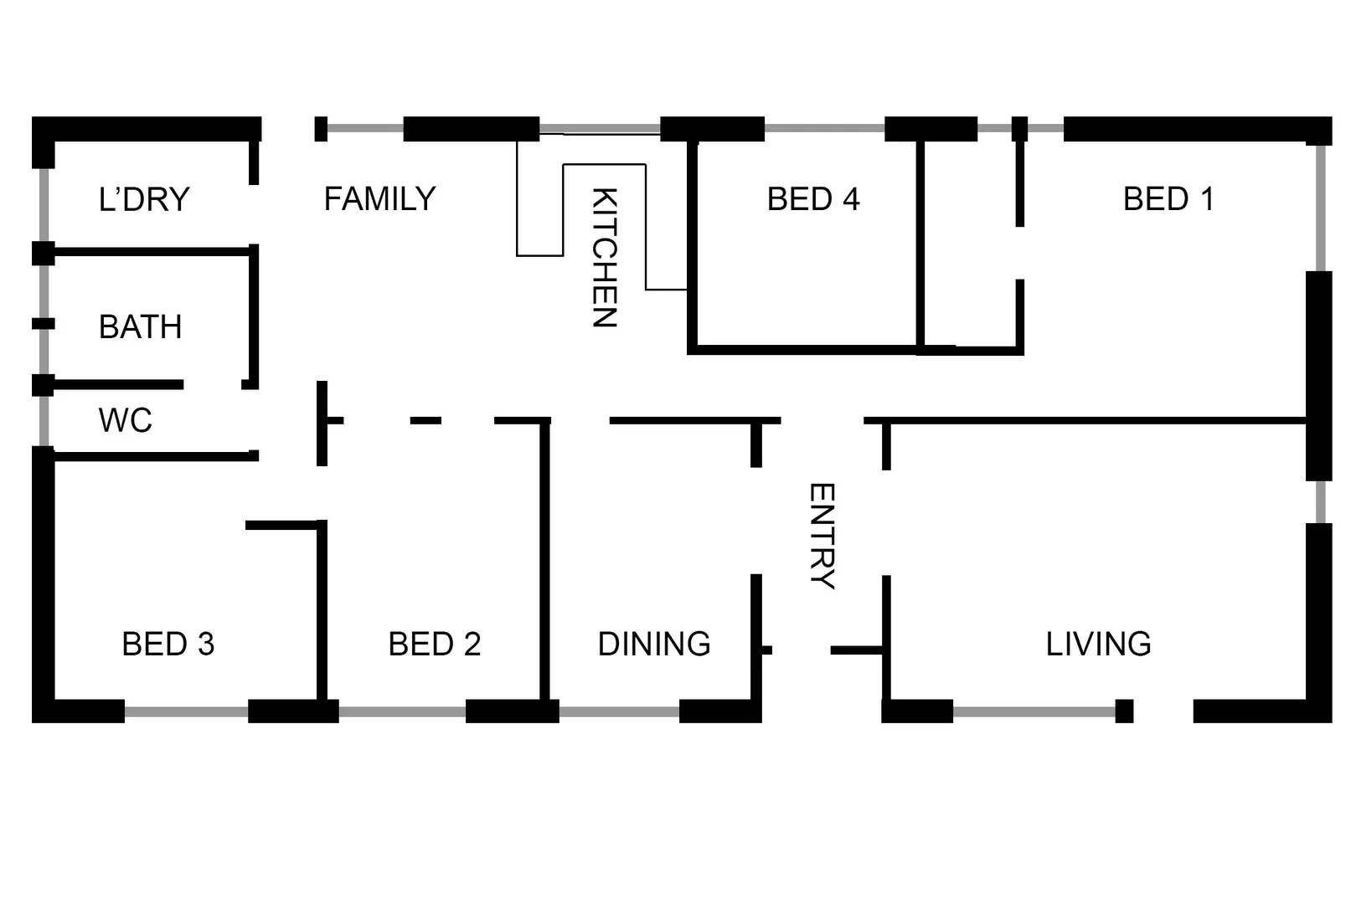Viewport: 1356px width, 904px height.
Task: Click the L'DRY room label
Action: [x=144, y=200]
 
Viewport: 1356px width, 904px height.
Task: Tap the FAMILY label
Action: [x=379, y=199]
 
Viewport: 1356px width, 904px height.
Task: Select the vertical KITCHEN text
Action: [x=604, y=257]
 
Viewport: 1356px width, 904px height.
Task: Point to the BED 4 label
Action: [x=813, y=199]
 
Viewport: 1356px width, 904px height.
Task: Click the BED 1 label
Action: [x=1168, y=199]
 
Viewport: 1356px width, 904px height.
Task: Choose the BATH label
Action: [x=140, y=327]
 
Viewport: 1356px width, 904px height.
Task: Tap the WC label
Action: [x=126, y=421]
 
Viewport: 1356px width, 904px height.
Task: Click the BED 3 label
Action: [x=168, y=645]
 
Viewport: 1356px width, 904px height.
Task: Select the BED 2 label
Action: [x=435, y=645]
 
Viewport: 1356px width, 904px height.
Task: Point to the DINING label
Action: [x=654, y=645]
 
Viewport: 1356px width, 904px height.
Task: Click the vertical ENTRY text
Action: [x=822, y=537]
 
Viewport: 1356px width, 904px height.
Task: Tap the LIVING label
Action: [x=1098, y=645]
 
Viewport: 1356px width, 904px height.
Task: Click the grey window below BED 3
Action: [x=186, y=712]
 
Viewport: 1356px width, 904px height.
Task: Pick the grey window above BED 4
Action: [x=824, y=129]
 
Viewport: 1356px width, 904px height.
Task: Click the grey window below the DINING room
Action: [x=619, y=712]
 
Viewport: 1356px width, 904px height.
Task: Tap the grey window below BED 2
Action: [x=402, y=712]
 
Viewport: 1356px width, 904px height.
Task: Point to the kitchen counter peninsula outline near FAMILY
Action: [x=539, y=209]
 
